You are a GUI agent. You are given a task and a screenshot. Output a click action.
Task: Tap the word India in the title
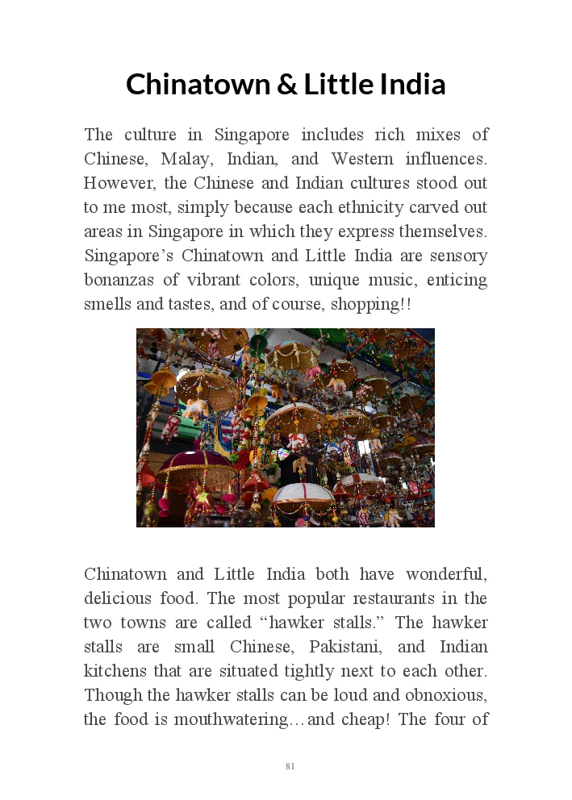[x=413, y=85]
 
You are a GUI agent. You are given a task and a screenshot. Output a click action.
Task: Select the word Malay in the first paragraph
[x=185, y=159]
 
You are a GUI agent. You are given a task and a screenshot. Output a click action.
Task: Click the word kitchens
[x=115, y=671]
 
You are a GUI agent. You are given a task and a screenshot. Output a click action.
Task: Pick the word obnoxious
[x=447, y=695]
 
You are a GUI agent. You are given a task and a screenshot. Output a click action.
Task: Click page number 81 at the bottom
[x=290, y=766]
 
